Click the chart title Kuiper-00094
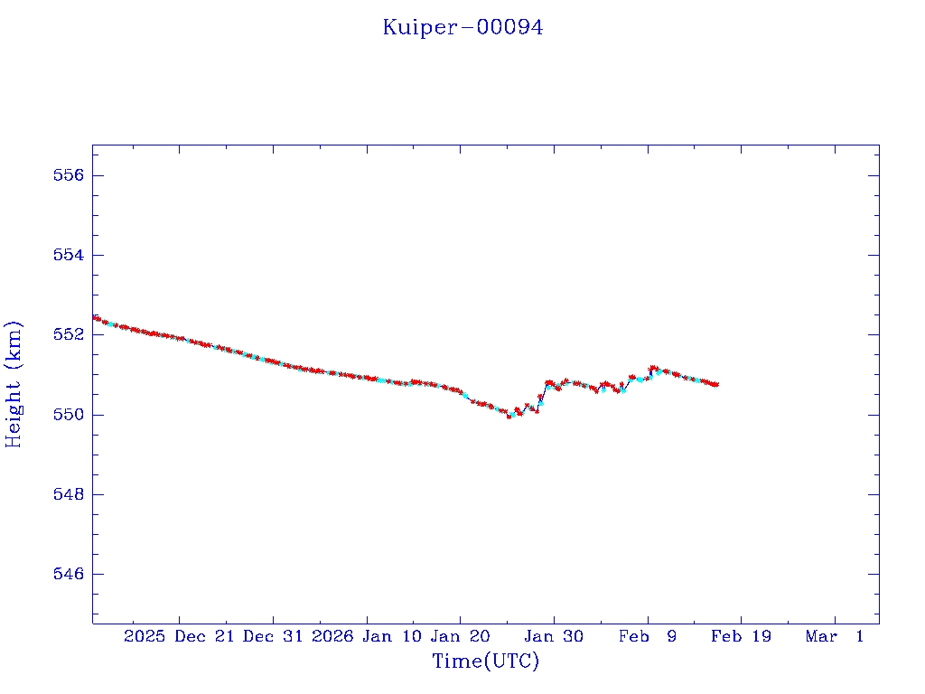tap(462, 28)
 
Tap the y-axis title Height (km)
tap(14, 384)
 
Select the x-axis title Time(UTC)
tap(485, 661)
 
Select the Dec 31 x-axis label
tap(273, 637)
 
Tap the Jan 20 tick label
tap(460, 637)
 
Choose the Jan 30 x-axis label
tap(554, 637)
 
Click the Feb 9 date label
tap(648, 637)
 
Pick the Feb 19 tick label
tap(741, 637)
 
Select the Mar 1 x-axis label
tap(835, 637)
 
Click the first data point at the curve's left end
tap(95, 317)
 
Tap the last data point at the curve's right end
tap(716, 384)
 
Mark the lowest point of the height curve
tap(509, 416)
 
